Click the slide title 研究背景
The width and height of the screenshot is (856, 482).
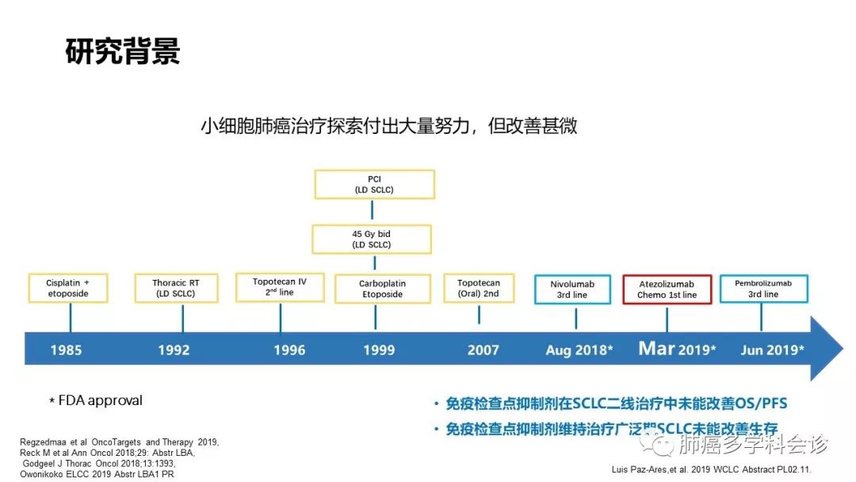click(x=123, y=52)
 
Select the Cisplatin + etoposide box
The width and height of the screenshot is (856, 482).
click(x=70, y=288)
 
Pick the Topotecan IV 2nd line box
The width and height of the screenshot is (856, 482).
click(x=280, y=287)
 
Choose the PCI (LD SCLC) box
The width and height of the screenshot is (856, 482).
click(x=374, y=184)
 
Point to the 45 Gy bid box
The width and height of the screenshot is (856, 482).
click(x=372, y=239)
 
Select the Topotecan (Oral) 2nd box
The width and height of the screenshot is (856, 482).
click(x=479, y=288)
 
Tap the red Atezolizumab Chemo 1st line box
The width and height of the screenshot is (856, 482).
click(x=667, y=289)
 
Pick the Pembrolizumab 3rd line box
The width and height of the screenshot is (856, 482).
click(x=762, y=288)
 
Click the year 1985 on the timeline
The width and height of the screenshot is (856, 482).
click(x=66, y=350)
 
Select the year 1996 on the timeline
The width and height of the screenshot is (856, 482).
click(x=289, y=350)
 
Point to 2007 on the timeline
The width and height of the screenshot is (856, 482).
click(x=483, y=350)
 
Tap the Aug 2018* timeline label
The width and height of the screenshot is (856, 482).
click(x=579, y=350)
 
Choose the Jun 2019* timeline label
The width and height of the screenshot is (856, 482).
click(x=772, y=350)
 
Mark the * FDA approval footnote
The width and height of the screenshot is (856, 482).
click(x=96, y=400)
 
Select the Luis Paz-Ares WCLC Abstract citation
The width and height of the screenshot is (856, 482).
click(x=712, y=469)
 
